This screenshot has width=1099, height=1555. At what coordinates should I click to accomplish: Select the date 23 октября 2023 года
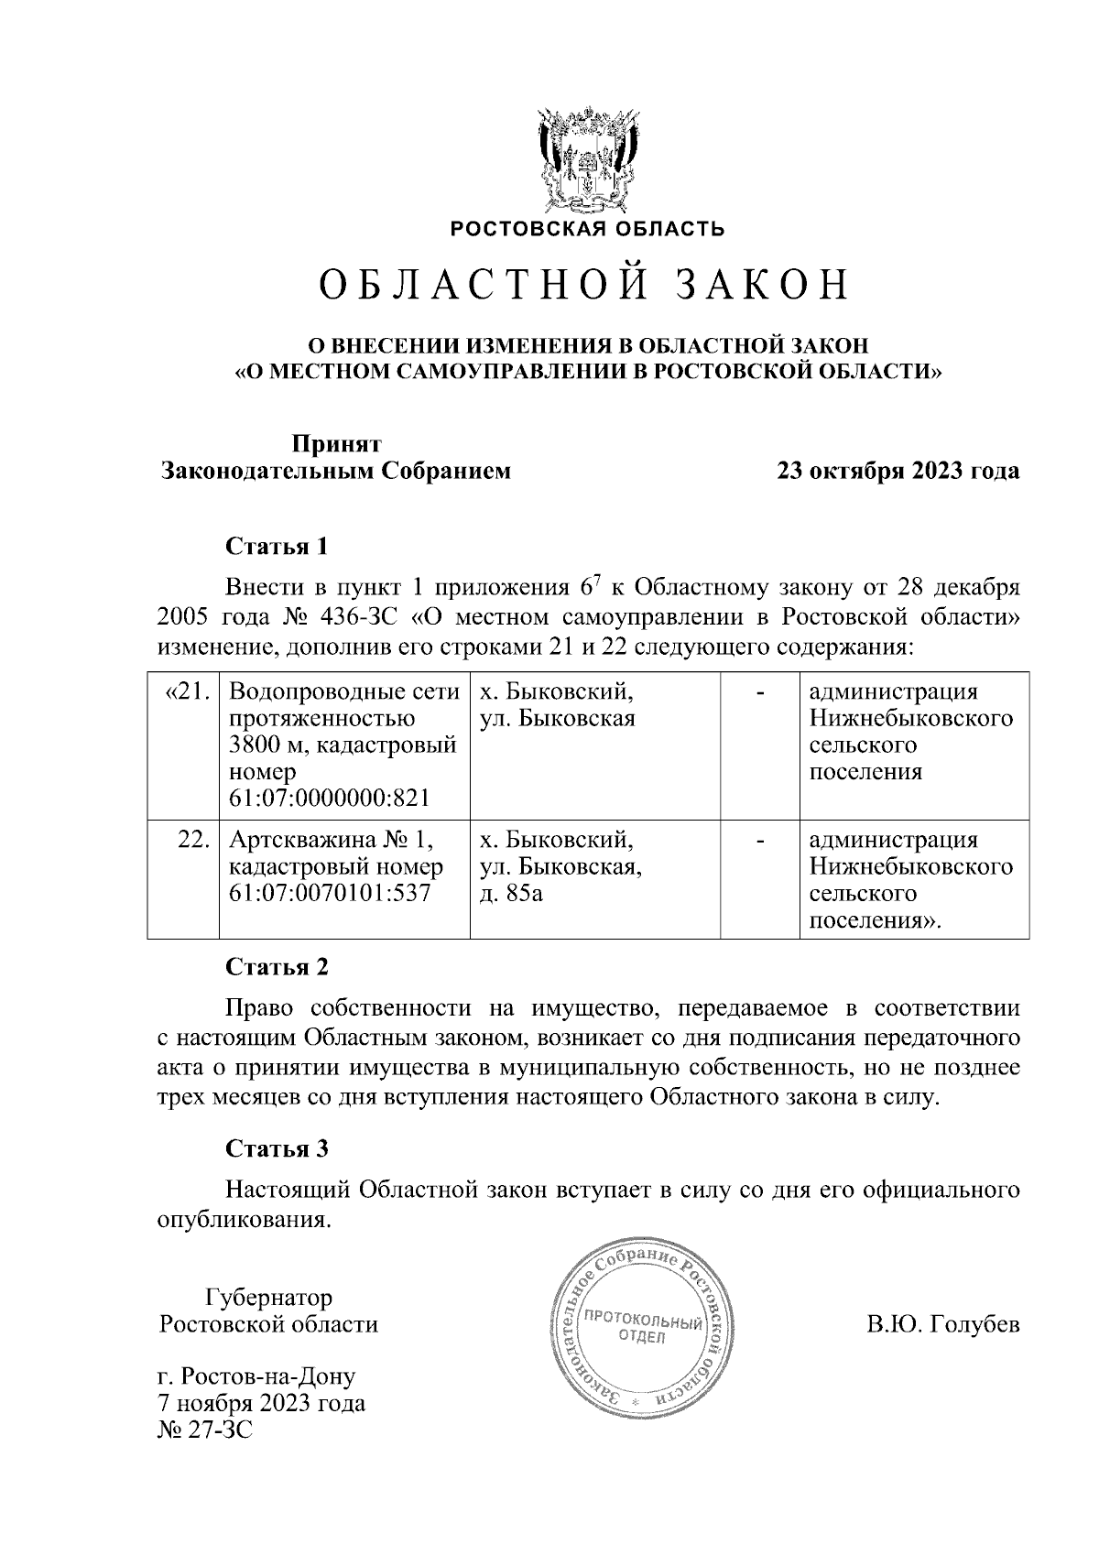898,472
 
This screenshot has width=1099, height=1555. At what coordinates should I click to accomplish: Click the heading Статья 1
276,547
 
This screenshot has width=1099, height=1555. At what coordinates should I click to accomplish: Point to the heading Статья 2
276,967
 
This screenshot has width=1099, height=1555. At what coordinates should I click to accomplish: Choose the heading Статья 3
276,1148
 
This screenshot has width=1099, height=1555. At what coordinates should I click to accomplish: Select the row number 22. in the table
195,840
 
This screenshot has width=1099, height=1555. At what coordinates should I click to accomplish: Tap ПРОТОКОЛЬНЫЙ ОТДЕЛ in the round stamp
642,1329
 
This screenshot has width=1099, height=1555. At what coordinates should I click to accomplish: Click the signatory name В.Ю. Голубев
942,1325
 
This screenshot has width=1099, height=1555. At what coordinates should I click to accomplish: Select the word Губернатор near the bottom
268,1298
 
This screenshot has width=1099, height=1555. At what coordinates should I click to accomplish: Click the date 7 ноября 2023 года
262,1403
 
